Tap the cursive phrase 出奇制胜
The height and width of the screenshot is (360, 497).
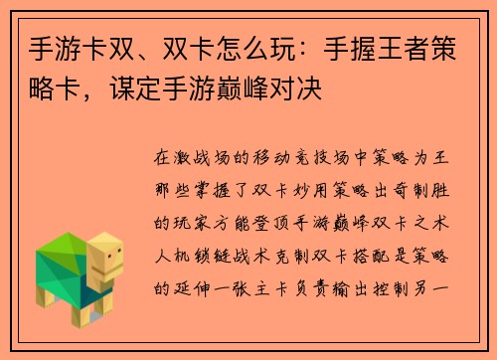click(418, 187)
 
